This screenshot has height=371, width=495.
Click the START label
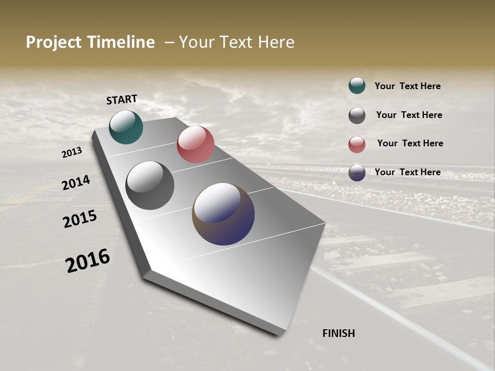click(x=122, y=99)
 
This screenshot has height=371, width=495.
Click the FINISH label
click(x=338, y=333)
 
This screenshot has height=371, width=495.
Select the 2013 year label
click(x=72, y=153)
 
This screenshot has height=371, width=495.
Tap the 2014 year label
click(x=76, y=183)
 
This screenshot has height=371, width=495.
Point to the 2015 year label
click(x=80, y=219)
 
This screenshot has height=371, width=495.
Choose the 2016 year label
click(x=88, y=261)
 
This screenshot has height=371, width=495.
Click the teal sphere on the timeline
click(x=126, y=127)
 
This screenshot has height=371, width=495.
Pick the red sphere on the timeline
click(x=195, y=144)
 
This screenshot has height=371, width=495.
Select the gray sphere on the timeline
click(x=150, y=185)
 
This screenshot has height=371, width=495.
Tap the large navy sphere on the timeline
click(x=223, y=214)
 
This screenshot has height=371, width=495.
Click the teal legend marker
click(x=357, y=86)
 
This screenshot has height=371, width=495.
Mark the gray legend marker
click(x=357, y=115)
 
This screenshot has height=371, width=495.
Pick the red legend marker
click(x=357, y=144)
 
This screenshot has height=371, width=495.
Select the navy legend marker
click(x=357, y=173)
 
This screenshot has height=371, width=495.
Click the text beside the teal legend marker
click(x=407, y=86)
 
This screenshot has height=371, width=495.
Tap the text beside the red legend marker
click(x=410, y=143)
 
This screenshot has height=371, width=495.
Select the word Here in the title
click(x=276, y=42)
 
